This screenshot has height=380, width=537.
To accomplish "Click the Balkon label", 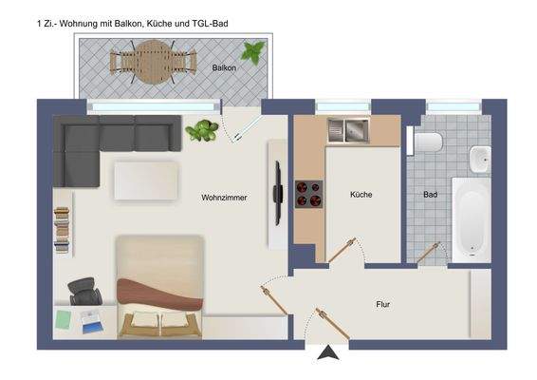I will pos(224,68).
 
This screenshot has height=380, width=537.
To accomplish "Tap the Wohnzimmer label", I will pos(224,198).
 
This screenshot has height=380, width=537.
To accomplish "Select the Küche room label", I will pos(361,195).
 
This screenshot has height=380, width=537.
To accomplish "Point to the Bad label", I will pos(430,195).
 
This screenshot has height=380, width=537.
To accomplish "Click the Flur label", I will pos(383,305).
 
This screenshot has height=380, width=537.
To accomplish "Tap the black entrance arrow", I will pos(328,354).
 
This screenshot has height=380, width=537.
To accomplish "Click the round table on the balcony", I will pos(150,65).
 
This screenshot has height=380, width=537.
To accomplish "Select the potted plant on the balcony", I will pos(253,51).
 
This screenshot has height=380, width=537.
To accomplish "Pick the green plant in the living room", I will pos(202,130).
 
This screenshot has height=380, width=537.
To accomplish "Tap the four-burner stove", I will pos(308,194).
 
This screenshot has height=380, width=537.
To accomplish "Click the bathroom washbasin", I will pos(480,158).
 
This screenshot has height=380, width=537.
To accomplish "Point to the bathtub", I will pos(472,219).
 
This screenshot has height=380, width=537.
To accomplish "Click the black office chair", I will pos(84,292).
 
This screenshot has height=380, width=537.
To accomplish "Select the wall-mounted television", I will pos(279,194).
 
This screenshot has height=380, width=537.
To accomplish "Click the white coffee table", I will pos(146,181).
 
